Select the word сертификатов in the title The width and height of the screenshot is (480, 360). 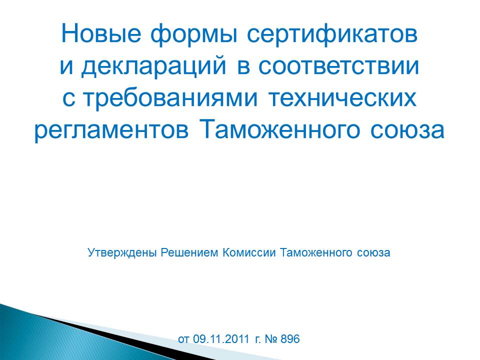pyautogui.click(x=332, y=35)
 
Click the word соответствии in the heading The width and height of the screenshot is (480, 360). pyautogui.click(x=338, y=66)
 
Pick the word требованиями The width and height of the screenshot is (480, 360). pyautogui.click(x=170, y=98)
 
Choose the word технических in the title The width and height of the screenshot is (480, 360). pyautogui.click(x=342, y=98)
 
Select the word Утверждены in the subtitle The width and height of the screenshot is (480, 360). pyautogui.click(x=122, y=253)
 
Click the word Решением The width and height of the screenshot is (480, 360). pyautogui.click(x=189, y=253)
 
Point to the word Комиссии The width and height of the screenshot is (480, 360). pyautogui.click(x=249, y=253)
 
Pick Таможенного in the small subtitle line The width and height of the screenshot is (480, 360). pyautogui.click(x=316, y=253)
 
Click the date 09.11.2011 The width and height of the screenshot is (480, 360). pyautogui.click(x=221, y=339)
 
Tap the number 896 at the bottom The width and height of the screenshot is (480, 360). pyautogui.click(x=290, y=339)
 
